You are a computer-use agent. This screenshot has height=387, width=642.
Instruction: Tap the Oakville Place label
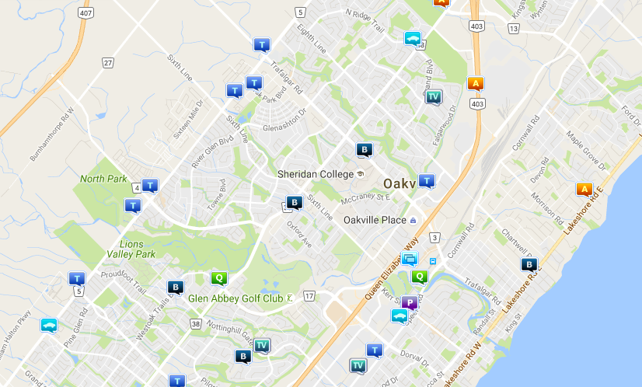pyautogui.click(x=375, y=220)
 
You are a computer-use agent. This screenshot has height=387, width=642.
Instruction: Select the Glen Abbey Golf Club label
pyautogui.click(x=235, y=298)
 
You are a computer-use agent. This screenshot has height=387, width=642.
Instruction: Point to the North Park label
pyautogui.click(x=103, y=179)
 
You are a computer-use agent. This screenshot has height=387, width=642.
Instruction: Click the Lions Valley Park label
pyautogui.click(x=126, y=249)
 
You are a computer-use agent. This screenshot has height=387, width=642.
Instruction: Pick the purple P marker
pyautogui.click(x=410, y=302)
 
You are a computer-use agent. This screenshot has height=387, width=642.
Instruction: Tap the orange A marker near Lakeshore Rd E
pyautogui.click(x=584, y=189)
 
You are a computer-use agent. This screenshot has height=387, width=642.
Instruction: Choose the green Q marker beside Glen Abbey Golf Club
pyautogui.click(x=219, y=277)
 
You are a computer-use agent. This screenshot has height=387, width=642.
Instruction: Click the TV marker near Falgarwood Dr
pyautogui.click(x=433, y=96)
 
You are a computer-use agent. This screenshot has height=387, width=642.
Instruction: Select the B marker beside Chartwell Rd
pyautogui.click(x=529, y=264)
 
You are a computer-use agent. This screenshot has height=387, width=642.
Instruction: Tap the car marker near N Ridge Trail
pyautogui.click(x=412, y=38)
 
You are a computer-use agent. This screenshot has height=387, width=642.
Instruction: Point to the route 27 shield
pyautogui.click(x=107, y=62)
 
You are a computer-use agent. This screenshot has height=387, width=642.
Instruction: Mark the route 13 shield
pyautogui.click(x=513, y=28)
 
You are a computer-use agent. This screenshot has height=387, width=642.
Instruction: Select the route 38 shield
pyautogui.click(x=194, y=322)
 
